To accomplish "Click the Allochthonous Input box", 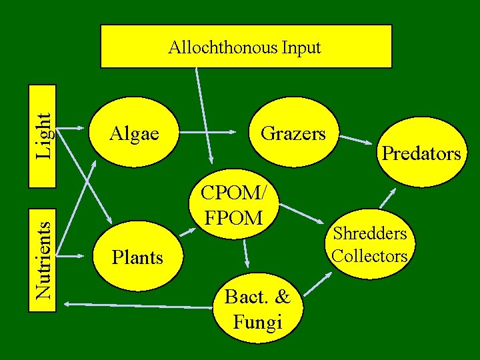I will pyautogui.click(x=245, y=47).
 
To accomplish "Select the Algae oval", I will pyautogui.click(x=134, y=134).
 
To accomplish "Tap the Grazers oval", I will pyautogui.click(x=293, y=133).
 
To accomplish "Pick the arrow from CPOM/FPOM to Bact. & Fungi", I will pyautogui.click(x=246, y=253).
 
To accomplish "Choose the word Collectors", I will pyautogui.click(x=370, y=255).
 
